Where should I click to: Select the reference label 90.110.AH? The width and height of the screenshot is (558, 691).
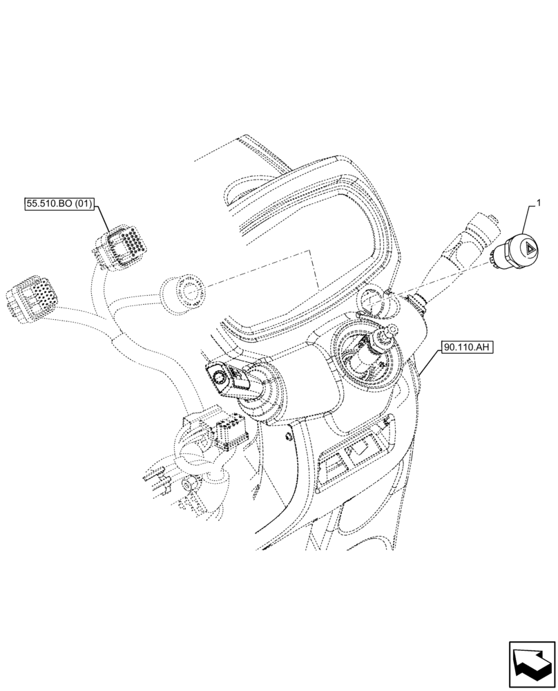(465, 346)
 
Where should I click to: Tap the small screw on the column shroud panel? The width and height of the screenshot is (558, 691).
(285, 435)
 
